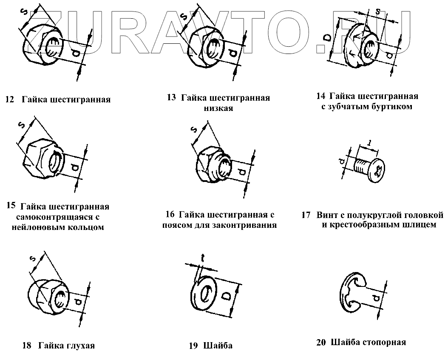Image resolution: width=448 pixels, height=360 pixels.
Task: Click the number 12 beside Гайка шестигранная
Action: point(9,100)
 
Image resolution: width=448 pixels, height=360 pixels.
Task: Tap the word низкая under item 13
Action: point(218,108)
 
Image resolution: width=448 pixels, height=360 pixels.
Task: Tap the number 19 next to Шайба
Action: point(193,346)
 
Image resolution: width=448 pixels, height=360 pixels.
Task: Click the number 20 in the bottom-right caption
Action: point(321,343)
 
